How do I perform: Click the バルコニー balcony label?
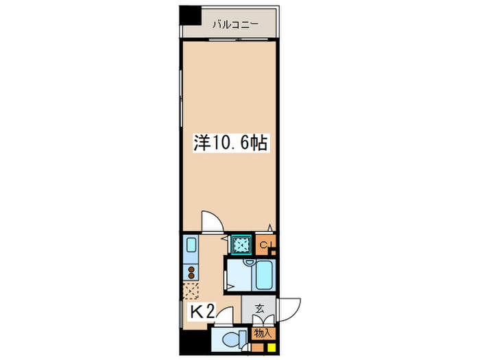pos(235,24)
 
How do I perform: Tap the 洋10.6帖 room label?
pos(230,143)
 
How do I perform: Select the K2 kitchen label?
pos(202,312)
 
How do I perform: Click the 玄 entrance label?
pos(260,309)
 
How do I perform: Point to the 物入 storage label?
pos(263,333)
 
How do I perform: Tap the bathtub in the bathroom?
pos(263,275)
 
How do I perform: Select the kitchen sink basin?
pos(191,245)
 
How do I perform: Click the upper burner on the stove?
pos(191,269)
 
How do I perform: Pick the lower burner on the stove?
pos(191,276)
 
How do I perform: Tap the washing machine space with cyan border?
pos(241,244)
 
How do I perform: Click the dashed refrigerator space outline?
pos(191,291)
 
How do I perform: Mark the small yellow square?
pos(272,348)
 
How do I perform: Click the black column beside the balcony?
pos(190,15)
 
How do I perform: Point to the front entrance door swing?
pos(289,310)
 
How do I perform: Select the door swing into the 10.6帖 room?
pos(213,221)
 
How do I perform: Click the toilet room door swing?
pos(224,315)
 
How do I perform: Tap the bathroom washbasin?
pos(248,263)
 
